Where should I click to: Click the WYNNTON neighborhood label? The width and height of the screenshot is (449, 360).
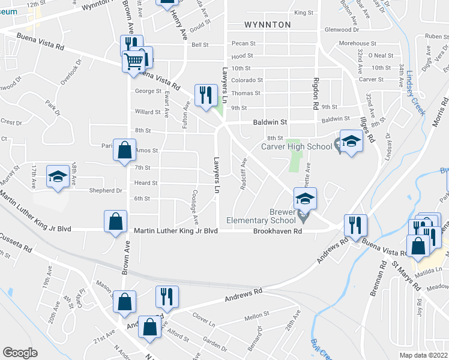[x=268, y=25]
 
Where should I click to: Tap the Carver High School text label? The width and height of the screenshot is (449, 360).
[x=296, y=146]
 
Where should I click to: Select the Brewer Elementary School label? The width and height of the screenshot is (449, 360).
[x=261, y=216]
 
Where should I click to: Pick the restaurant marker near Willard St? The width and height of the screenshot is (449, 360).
[x=205, y=95]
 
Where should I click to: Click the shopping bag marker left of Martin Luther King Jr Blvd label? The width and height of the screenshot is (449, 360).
[x=115, y=221]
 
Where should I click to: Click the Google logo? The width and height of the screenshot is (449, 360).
[x=20, y=353]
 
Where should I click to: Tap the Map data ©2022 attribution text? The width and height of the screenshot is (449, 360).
[x=423, y=355]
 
